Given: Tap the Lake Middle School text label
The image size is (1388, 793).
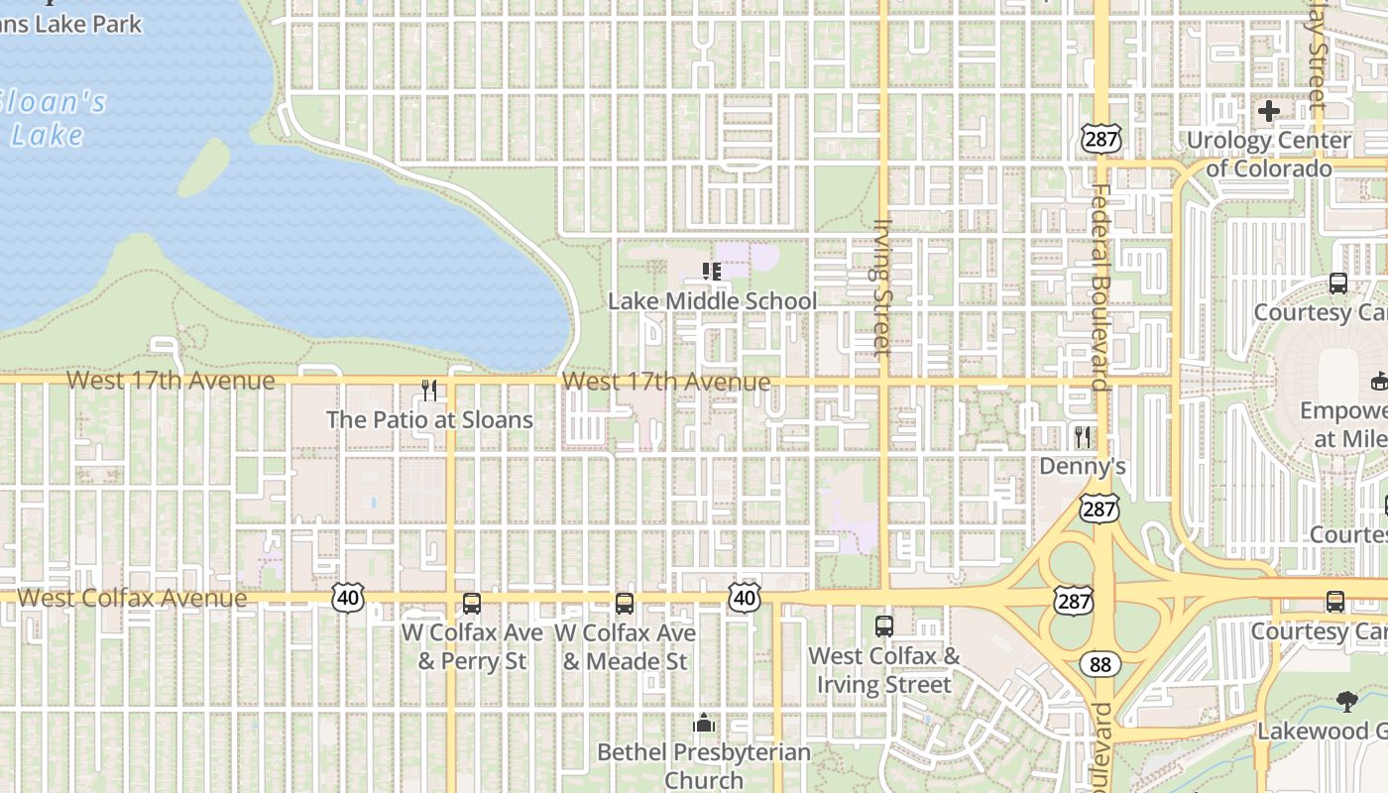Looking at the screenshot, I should point(712,301).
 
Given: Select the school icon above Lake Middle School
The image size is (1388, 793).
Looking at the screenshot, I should point(711,271).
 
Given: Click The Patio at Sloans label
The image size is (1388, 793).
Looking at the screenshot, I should point(429,419).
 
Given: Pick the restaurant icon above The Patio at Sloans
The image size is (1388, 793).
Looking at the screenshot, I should point(429,391).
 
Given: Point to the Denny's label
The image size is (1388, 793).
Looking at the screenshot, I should point(1083,466).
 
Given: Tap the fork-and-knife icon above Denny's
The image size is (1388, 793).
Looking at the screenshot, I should point(1083,436).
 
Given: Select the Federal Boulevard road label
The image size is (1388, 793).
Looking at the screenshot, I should point(1099,287).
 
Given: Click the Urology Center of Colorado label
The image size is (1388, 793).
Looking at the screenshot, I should point(1268,154).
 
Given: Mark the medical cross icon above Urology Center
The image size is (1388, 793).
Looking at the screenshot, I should point(1268,111).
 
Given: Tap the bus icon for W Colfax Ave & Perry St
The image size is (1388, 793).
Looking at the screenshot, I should point(472,603).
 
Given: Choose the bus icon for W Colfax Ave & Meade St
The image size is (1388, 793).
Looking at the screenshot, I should point(625,603).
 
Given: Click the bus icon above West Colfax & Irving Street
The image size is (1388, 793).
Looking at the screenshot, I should point(883,625).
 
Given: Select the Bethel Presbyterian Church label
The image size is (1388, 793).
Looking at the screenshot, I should point(704,766).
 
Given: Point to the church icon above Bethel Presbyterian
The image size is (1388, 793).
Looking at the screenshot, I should point(704,724).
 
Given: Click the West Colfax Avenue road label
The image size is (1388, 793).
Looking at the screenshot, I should point(132,598).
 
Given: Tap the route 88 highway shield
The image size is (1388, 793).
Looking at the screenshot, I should point(1099,664).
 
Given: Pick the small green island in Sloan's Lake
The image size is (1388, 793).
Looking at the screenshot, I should point(204,168).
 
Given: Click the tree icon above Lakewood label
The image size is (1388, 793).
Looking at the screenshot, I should point(1346,702).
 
